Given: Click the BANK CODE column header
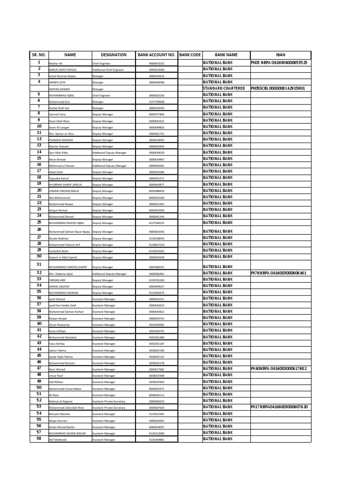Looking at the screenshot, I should click(190, 55).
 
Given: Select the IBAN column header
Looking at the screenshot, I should click(280, 55).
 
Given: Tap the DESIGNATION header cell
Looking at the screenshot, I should click(113, 55).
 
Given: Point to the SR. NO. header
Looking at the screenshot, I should click(39, 55).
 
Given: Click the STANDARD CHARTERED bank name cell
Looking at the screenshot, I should click(224, 88).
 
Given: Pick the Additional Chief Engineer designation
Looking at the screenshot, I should click(108, 69).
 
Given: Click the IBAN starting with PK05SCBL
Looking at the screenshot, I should click(278, 88).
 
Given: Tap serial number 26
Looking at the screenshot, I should click(39, 230).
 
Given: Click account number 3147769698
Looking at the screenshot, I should click(157, 102).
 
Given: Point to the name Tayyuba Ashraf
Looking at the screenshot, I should click(59, 179).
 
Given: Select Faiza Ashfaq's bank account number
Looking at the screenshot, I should click(157, 344).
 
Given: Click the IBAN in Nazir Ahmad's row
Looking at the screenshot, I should click(279, 369).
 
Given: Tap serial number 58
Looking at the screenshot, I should click(39, 439).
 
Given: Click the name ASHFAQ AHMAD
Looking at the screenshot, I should click(60, 89).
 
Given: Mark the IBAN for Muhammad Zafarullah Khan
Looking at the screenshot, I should click(279, 407).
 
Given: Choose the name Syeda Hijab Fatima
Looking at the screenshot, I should click(60, 357).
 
